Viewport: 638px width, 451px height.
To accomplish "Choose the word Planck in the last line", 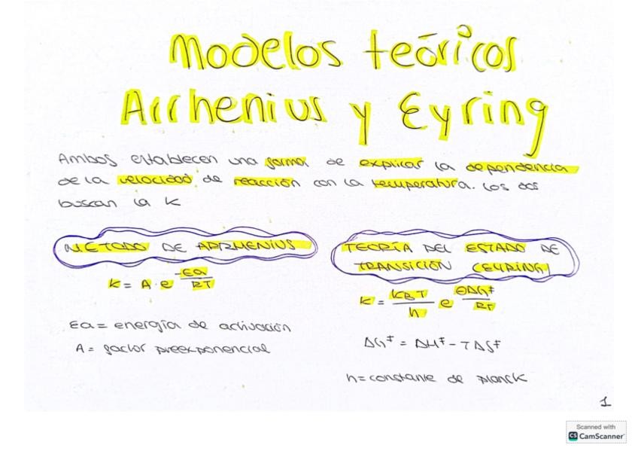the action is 502,378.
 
